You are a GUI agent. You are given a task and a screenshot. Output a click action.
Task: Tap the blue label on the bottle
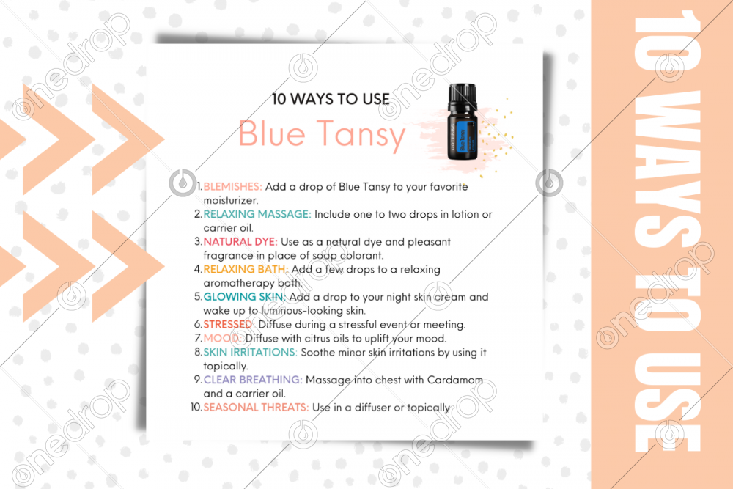[x=464, y=136]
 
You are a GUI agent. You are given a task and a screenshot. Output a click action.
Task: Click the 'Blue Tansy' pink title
[x=322, y=134]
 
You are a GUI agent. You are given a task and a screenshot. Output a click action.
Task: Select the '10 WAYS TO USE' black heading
[x=331, y=99]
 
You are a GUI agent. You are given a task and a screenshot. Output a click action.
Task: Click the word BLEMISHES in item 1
[x=232, y=186]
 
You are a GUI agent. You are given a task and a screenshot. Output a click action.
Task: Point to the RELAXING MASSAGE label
[x=257, y=214]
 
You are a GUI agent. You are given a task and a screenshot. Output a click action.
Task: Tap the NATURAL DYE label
[x=240, y=242]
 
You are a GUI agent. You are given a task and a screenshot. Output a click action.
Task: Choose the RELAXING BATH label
[x=246, y=269]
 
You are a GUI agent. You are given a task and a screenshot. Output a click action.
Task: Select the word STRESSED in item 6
[x=228, y=325]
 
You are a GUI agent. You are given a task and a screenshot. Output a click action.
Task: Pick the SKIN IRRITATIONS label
[x=250, y=352]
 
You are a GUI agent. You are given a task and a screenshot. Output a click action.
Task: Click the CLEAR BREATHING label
[x=253, y=380]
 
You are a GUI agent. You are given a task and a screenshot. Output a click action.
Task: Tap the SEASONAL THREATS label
[x=256, y=407]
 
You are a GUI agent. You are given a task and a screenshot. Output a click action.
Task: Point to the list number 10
[x=196, y=407]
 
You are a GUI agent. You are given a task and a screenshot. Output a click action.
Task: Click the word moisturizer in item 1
[x=230, y=201]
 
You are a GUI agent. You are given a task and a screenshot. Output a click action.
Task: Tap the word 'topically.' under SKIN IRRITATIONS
[x=226, y=366]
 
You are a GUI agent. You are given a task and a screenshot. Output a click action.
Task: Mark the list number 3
[x=198, y=242]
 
